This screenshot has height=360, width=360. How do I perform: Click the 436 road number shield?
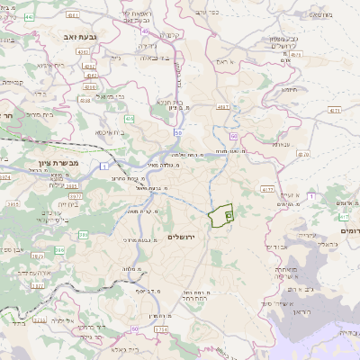[130, 119]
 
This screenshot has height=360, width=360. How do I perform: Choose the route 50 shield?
[178, 132]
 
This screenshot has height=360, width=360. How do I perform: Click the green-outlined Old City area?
[221, 217]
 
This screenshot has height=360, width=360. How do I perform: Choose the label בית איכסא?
[107, 131]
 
